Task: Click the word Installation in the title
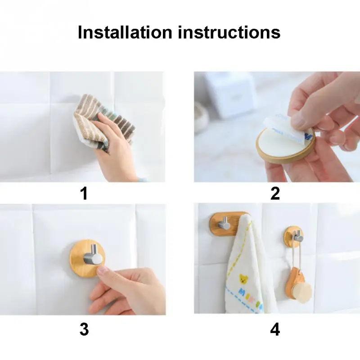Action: pos(125,32)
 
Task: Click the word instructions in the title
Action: pos(229,32)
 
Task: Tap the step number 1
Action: pos(84,193)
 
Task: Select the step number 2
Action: pos(275,193)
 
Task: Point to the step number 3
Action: pos(84,329)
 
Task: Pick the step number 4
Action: pos(275,329)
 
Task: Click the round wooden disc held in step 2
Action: pos(284,147)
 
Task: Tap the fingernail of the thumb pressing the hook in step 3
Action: pos(103,270)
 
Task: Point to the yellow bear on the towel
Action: pos(244,279)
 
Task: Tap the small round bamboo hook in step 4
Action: pos(294,237)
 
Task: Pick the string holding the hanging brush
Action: pos(294,255)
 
